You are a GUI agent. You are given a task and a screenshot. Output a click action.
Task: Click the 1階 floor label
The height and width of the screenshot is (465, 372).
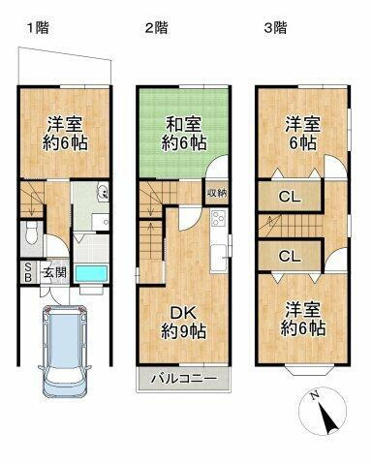[x=37, y=28]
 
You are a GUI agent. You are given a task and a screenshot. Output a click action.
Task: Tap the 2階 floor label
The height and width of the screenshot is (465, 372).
[x=157, y=28]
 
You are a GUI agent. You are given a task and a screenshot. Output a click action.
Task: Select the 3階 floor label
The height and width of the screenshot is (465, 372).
[x=275, y=28]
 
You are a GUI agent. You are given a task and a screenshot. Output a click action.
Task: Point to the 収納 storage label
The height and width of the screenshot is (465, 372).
[x=217, y=193]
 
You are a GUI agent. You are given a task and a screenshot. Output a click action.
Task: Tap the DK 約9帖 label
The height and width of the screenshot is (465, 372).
[x=182, y=320]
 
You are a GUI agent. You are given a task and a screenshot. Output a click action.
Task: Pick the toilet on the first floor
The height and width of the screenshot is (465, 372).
[x=32, y=232]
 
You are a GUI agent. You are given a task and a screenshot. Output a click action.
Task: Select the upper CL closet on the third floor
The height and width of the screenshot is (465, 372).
[x=288, y=198]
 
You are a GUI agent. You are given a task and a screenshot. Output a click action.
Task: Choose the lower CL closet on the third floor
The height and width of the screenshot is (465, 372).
[x=288, y=257]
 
